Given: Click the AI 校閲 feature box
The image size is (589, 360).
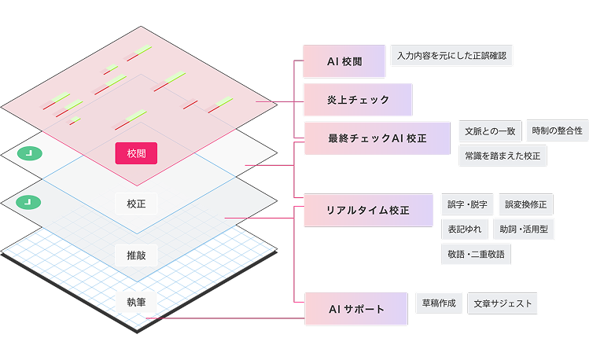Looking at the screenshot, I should pyautogui.click(x=344, y=61).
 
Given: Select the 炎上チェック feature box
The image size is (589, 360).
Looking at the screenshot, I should pyautogui.click(x=358, y=100).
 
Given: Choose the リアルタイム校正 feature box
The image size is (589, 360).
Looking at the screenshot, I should pyautogui.click(x=367, y=211).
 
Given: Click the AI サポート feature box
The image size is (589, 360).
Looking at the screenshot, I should pyautogui.click(x=356, y=309).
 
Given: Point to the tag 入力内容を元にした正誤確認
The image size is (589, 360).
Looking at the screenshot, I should pyautogui.click(x=451, y=56).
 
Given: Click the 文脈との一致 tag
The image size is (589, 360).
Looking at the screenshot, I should pyautogui.click(x=489, y=130).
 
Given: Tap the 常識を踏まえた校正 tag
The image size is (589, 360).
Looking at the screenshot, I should pyautogui.click(x=502, y=156).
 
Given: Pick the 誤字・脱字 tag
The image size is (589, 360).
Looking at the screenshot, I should pyautogui.click(x=467, y=204).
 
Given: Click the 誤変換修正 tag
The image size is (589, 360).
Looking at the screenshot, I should pyautogui.click(x=525, y=204).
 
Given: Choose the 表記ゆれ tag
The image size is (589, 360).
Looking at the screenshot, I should pyautogui.click(x=464, y=230).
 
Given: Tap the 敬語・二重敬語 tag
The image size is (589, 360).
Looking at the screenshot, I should pyautogui.click(x=477, y=254).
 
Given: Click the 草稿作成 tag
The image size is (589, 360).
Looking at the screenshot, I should pyautogui.click(x=439, y=303).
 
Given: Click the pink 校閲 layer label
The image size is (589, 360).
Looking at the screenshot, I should pyautogui.click(x=136, y=152).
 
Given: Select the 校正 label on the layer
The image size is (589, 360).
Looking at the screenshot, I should pyautogui.click(x=136, y=204).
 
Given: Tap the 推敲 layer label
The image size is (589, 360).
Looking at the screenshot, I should pyautogui.click(x=136, y=255).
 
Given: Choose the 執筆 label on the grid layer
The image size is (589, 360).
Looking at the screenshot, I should pyautogui.click(x=136, y=301).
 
